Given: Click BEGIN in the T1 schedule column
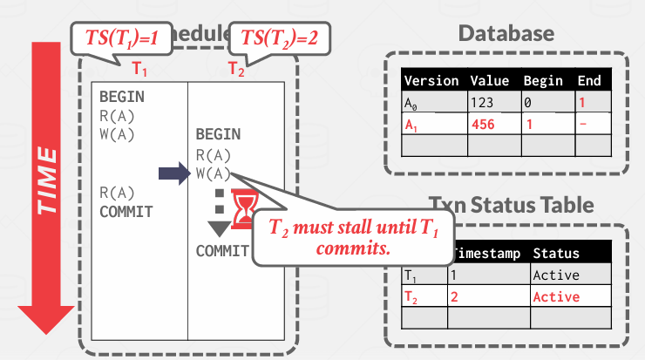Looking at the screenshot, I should pyautogui.click(x=121, y=97).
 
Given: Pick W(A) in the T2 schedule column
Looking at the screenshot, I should pyautogui.click(x=214, y=173).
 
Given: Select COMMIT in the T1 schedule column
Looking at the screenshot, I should pyautogui.click(x=126, y=211).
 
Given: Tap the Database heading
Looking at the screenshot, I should pyautogui.click(x=506, y=33).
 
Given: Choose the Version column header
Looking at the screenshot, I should pyautogui.click(x=431, y=81).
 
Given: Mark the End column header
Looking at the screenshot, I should pyautogui.click(x=589, y=81).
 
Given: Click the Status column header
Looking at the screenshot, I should pyautogui.click(x=555, y=254).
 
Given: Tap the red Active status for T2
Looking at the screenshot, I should pyautogui.click(x=555, y=296).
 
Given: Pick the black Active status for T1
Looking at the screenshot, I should pyautogui.click(x=555, y=275).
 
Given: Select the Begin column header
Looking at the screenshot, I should pyautogui.click(x=543, y=81).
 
